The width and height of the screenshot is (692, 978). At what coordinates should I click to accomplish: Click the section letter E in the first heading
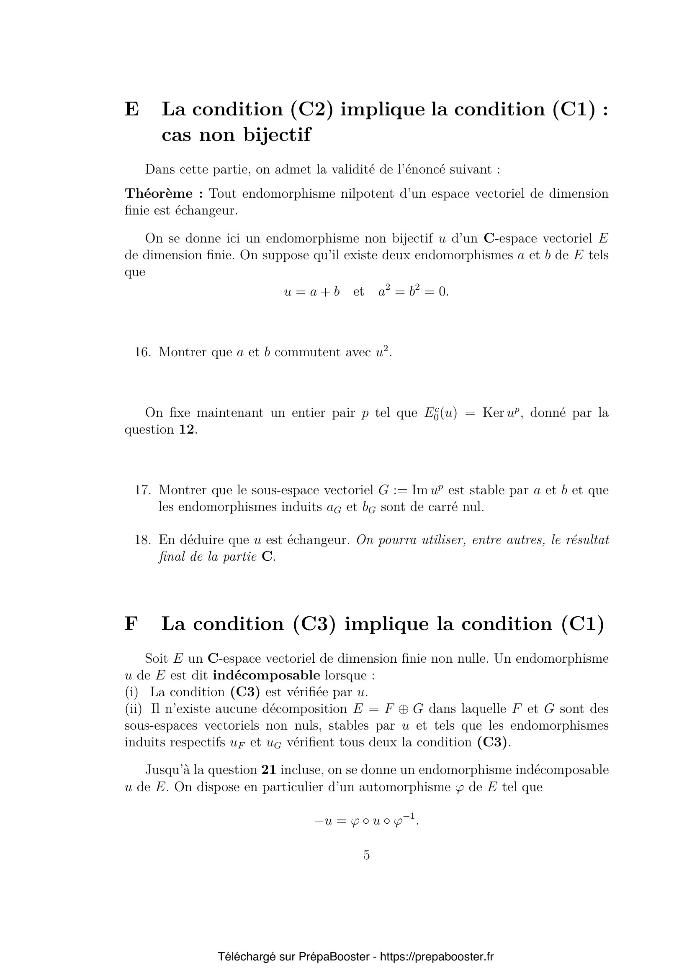(132, 110)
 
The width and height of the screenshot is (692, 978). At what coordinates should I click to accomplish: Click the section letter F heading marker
(131, 624)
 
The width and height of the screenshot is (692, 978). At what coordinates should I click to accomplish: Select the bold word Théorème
(158, 194)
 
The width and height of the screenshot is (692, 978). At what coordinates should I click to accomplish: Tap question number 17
(142, 490)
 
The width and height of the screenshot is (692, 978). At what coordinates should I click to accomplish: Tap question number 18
(142, 540)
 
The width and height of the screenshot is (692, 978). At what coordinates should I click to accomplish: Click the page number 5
(366, 855)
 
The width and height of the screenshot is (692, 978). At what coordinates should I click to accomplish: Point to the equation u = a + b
(312, 292)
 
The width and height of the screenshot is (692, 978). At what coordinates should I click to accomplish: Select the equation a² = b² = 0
(413, 291)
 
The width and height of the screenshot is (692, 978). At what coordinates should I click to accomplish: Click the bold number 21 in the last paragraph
(269, 770)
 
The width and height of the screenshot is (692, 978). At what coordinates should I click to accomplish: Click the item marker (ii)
(134, 709)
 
